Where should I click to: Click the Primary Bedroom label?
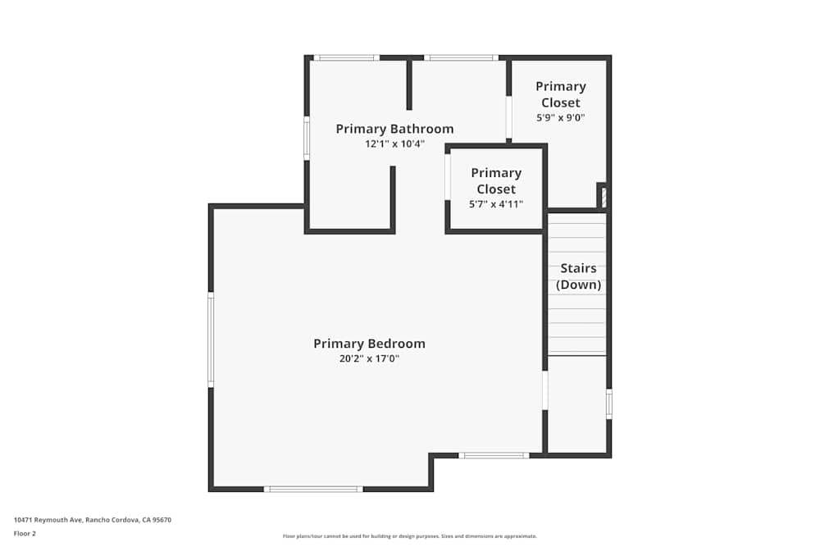click(369, 344)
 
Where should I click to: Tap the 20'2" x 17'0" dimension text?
click(369, 358)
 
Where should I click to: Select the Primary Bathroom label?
click(394, 129)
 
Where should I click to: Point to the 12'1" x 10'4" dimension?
click(394, 144)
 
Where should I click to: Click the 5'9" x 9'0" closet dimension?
click(561, 117)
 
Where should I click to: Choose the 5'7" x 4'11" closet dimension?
click(495, 204)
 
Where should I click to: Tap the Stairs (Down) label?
click(578, 276)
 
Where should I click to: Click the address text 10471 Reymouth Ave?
click(92, 519)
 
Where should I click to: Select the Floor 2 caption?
click(25, 533)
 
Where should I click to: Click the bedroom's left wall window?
click(211, 340)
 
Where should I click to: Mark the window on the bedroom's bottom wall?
click(312, 489)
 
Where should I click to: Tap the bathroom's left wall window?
click(307, 138)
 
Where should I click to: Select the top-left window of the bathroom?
click(345, 57)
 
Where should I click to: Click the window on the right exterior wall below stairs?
click(608, 404)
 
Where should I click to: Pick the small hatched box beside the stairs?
click(602, 197)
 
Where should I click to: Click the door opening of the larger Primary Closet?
click(508, 117)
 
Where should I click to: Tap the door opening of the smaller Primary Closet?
click(447, 176)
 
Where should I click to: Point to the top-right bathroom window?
click(461, 57)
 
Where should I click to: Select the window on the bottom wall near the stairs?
click(493, 455)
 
